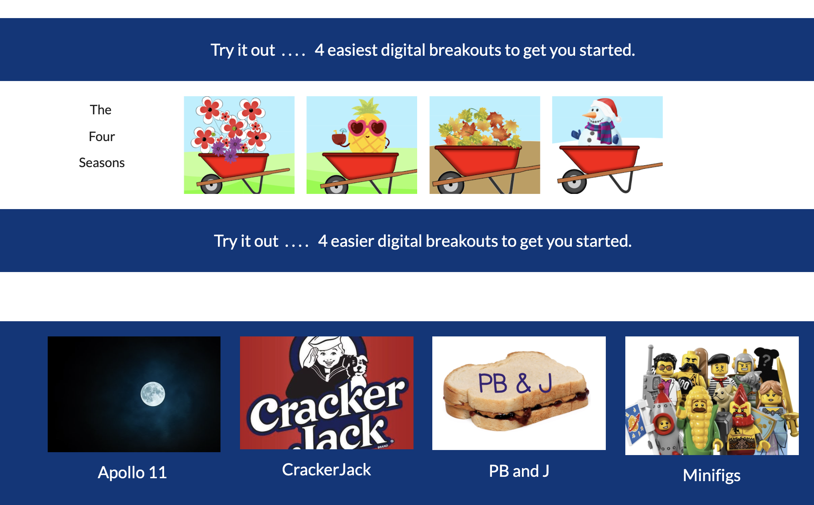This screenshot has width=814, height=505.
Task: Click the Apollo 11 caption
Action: [x=132, y=472]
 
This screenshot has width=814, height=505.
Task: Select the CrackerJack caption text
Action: [x=326, y=470]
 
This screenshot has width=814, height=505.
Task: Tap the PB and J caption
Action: [x=519, y=471]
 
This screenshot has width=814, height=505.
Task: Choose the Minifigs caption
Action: [x=712, y=475]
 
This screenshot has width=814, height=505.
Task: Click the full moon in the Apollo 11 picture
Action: [x=153, y=394]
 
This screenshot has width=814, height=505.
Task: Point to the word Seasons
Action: [x=102, y=163]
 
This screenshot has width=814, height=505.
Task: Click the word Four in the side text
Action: [x=102, y=136]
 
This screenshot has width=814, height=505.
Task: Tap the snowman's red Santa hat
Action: [x=608, y=107]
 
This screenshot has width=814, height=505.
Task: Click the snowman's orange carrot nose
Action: [x=589, y=115]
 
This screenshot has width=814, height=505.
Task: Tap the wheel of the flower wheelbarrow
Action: [x=211, y=184]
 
